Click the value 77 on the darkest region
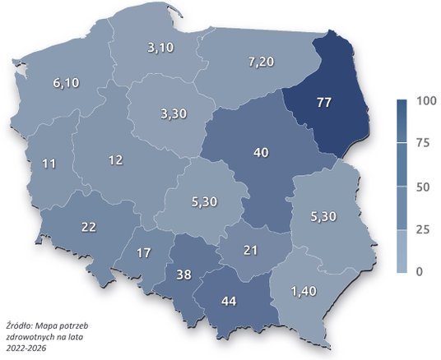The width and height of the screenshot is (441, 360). click(x=324, y=104)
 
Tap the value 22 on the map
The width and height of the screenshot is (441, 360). click(x=90, y=227)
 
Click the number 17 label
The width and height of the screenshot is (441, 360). click(x=143, y=253)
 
